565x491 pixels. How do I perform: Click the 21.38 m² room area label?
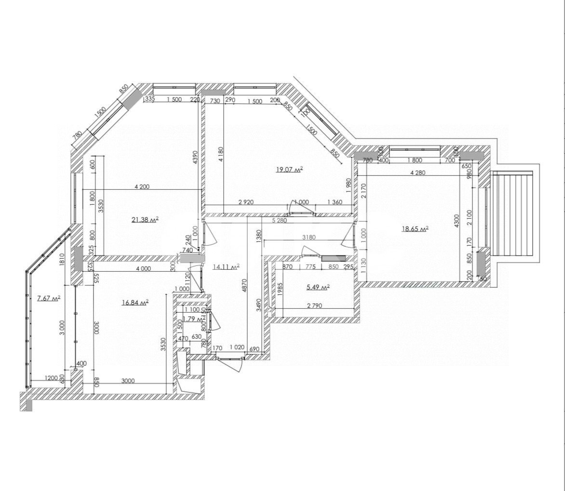pos(145,220)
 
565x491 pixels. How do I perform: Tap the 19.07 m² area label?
pos(289,169)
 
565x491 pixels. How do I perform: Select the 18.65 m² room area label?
pos(415,229)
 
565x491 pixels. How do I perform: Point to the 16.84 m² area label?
pos(135,303)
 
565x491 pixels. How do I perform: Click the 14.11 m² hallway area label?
pos(226,266)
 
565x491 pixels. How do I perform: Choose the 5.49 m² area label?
pos(318,287)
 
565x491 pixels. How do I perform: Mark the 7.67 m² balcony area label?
pos(49,298)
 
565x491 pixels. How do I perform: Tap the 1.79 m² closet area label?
pos(193,319)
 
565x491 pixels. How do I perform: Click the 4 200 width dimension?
pos(142,186)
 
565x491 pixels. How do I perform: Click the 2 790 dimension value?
pos(314,305)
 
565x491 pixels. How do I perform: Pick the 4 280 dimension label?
pos(417,173)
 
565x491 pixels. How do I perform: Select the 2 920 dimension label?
pos(246,202)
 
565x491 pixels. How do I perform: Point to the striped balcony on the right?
pos(511,214)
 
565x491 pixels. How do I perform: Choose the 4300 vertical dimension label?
pos(457,220)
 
